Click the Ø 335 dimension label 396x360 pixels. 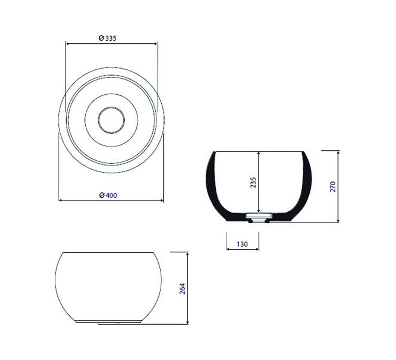coord(108,38)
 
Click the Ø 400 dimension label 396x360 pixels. coord(108,195)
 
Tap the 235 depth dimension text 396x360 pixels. coord(253,183)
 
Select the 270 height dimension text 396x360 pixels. coord(333,187)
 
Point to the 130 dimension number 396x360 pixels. coord(242,244)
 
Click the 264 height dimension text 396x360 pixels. coord(182,288)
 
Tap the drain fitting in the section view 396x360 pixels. coord(259,217)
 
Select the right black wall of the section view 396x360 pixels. coord(306,187)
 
